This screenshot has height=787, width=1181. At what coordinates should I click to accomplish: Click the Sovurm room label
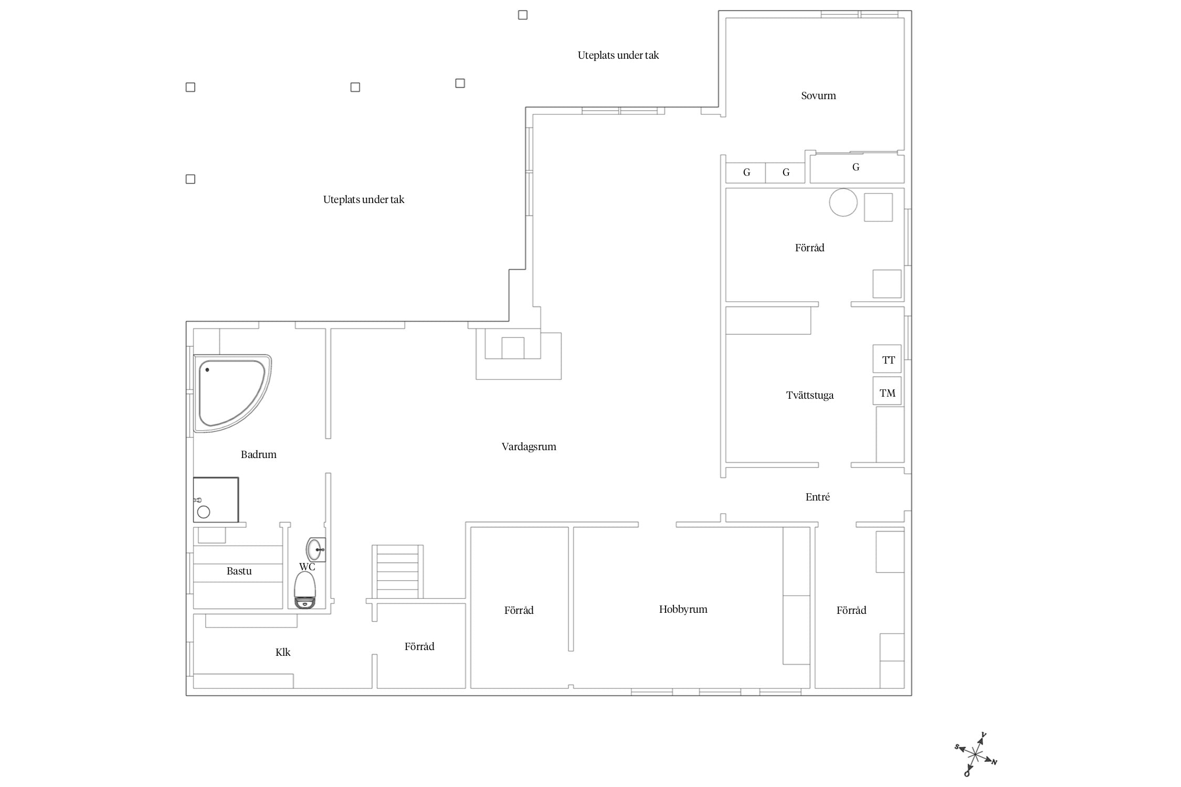click(x=818, y=95)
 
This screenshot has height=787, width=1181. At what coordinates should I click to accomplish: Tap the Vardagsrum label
click(x=529, y=446)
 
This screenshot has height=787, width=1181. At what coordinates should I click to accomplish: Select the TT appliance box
click(x=887, y=359)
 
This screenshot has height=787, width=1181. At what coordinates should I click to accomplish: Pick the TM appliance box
click(x=887, y=391)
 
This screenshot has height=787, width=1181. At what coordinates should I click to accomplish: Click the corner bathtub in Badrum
click(x=233, y=393)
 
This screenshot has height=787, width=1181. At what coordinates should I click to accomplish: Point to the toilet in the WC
click(x=305, y=590)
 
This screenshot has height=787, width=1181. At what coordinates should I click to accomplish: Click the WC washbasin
click(x=315, y=549)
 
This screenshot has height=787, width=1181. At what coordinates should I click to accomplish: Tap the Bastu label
click(x=239, y=571)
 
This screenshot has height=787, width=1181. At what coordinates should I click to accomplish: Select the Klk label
click(x=283, y=652)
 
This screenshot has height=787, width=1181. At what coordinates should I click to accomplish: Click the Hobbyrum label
click(x=683, y=609)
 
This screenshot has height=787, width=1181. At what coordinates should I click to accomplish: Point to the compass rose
click(x=975, y=754)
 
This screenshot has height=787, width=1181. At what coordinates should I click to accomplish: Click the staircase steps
click(x=398, y=572)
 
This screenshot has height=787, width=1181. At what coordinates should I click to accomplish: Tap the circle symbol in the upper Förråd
click(x=843, y=202)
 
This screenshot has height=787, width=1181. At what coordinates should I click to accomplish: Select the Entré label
click(x=818, y=497)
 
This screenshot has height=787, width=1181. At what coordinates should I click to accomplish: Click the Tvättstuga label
click(x=809, y=396)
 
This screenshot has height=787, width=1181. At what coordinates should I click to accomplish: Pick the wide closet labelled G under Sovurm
click(x=857, y=168)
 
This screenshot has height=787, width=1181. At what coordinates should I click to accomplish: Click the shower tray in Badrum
click(x=216, y=499)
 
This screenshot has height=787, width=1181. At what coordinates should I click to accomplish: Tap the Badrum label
click(x=258, y=454)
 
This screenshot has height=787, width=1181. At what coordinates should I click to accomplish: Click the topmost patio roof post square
click(x=523, y=15)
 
